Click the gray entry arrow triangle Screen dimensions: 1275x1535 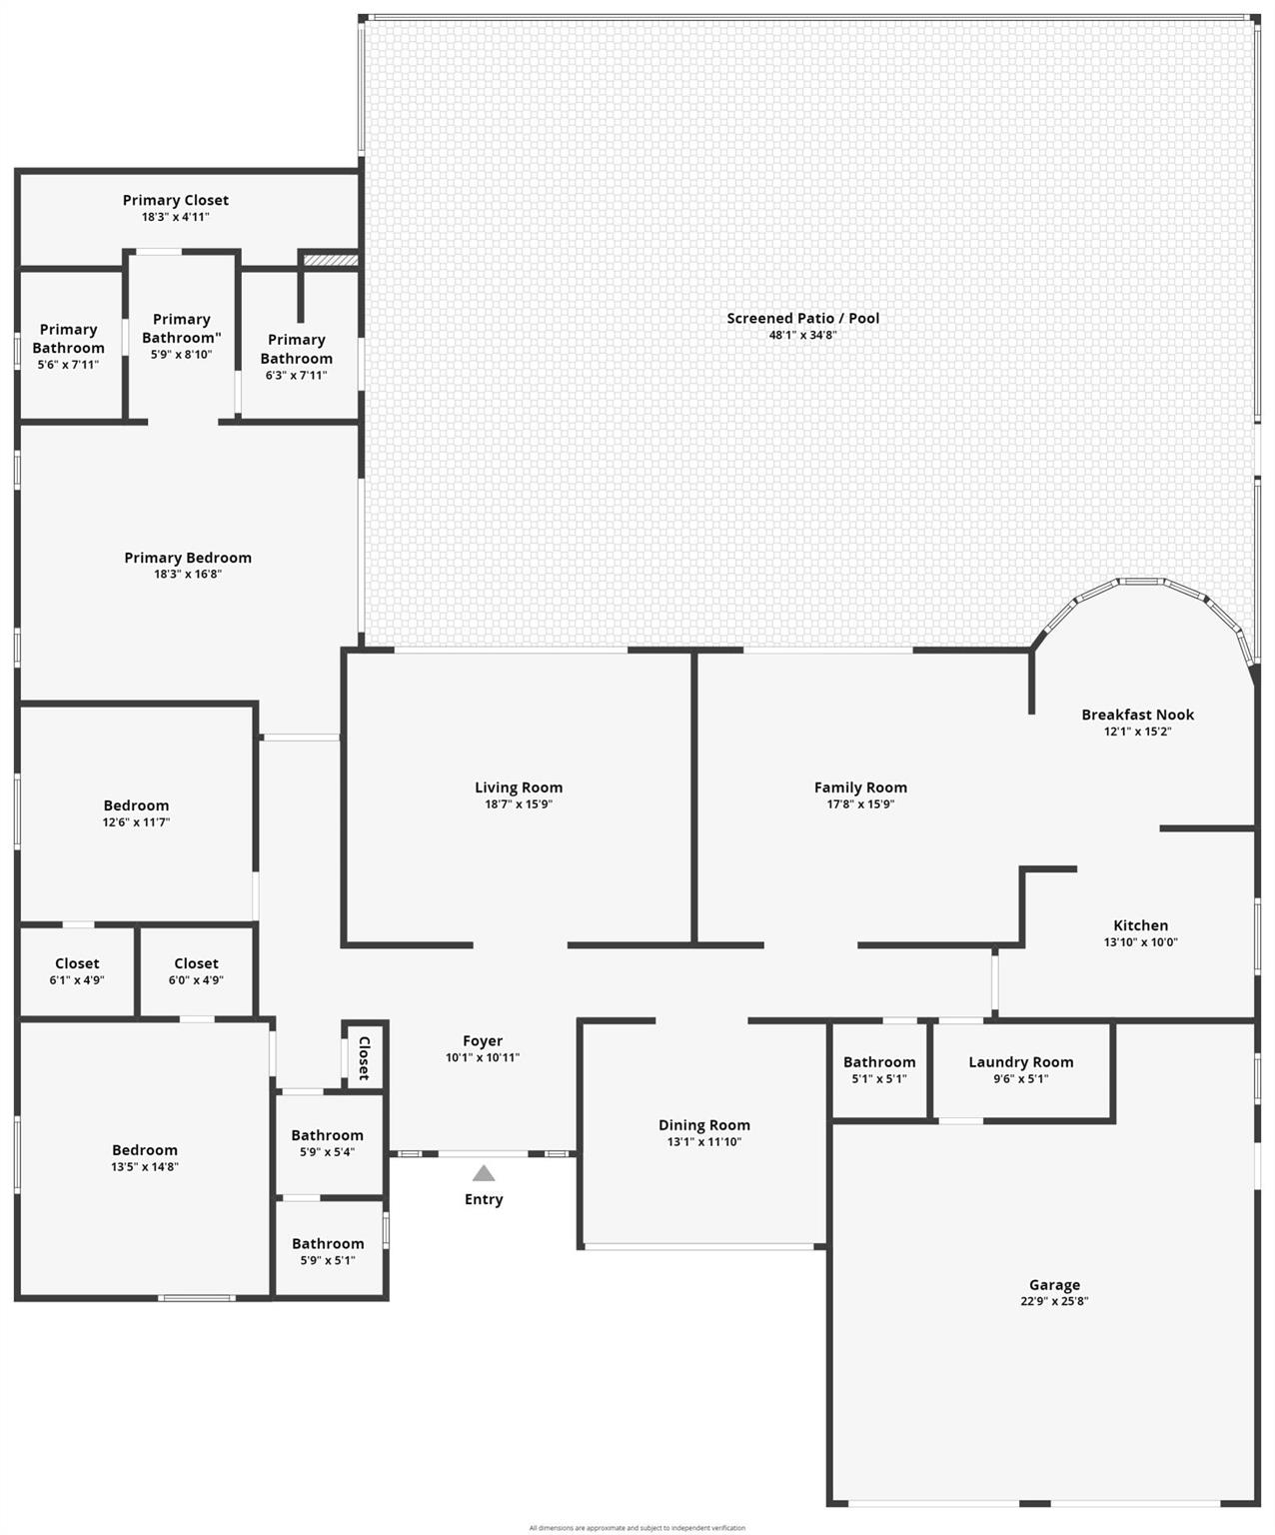coord(483,1172)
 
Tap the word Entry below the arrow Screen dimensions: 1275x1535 coord(484,1199)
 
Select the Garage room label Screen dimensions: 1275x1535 coord(1054,1284)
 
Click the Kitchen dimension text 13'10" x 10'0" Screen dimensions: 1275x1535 coord(1140,941)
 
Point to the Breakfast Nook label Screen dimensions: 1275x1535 coord(1137,714)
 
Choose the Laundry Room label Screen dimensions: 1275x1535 coord(1020,1062)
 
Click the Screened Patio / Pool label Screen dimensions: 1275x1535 coord(803,319)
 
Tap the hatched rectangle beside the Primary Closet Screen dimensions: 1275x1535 coord(331,260)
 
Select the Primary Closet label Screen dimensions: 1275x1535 coord(176,200)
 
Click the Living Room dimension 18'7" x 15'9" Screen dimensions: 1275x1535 coord(519,804)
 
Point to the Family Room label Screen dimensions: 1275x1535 coord(860,787)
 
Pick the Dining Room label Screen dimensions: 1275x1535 coord(704,1125)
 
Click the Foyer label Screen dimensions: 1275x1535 coord(483,1041)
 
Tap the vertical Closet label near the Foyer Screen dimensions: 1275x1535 coord(364,1058)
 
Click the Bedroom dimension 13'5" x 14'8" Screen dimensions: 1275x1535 coord(145,1166)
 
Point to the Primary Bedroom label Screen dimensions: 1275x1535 coord(188,558)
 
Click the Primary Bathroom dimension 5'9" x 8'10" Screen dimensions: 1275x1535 coord(181,355)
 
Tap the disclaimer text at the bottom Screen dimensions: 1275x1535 coord(637,1528)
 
